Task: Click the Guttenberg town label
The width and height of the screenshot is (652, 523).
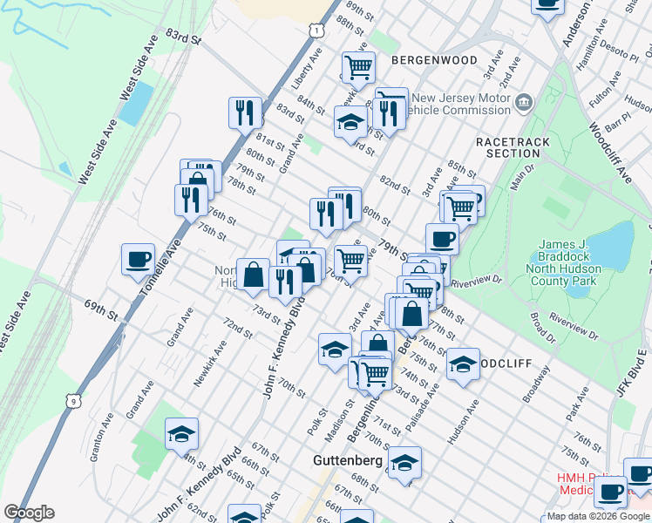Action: [348, 459]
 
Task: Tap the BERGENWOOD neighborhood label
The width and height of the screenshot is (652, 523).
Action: [434, 60]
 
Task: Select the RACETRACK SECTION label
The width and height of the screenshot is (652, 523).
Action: [508, 146]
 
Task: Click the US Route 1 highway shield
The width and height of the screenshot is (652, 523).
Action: [316, 30]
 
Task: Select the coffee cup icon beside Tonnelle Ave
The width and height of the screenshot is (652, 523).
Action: [138, 259]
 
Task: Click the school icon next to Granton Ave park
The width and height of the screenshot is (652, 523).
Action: [181, 433]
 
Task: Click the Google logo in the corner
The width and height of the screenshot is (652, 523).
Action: [29, 513]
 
